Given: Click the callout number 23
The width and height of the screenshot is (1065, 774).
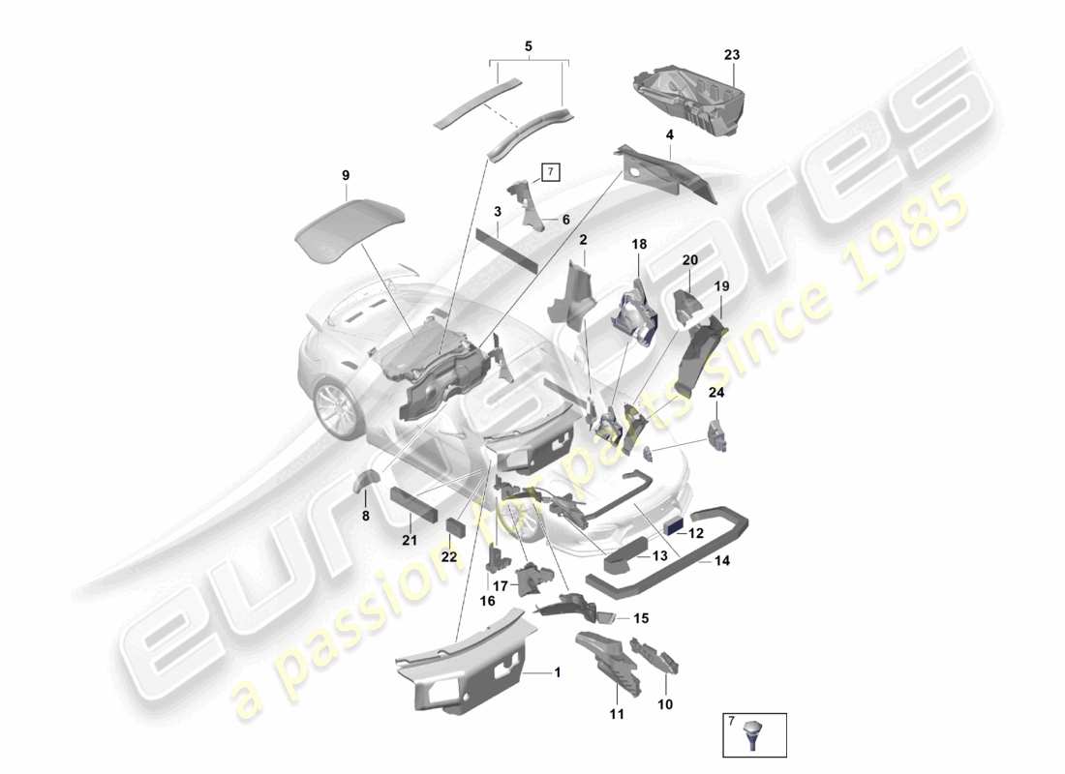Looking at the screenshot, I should click(x=731, y=55).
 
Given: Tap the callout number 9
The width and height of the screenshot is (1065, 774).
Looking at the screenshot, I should click(x=346, y=175).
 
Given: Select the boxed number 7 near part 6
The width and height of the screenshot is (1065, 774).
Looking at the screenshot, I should click(x=549, y=173).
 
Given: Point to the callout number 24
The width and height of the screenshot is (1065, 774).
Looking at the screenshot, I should click(x=715, y=392).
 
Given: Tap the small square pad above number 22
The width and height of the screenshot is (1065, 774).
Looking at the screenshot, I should click(x=454, y=526).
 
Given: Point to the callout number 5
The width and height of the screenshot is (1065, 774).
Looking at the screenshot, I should click(x=528, y=45).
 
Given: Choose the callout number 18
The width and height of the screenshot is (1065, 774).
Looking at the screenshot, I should click(x=639, y=245).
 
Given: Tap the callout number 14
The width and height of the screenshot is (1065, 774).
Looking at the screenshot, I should click(x=723, y=560).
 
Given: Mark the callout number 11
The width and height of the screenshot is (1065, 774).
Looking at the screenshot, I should click(x=617, y=714).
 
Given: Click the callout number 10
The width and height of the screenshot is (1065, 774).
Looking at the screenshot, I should click(x=665, y=704).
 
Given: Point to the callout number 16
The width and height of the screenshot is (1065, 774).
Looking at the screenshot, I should click(x=487, y=601).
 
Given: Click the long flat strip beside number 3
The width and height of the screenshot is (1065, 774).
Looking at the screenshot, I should click(x=505, y=249).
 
